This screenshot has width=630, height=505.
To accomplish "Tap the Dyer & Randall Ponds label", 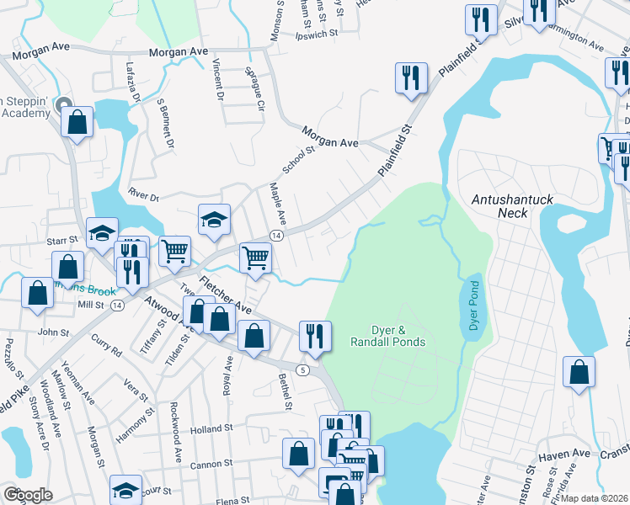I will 387,336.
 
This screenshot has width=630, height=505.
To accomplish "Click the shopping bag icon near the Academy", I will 77,123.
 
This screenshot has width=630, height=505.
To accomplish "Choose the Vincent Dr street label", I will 218,75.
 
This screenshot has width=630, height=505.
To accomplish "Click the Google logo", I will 29,494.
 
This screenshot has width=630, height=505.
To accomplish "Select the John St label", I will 54,332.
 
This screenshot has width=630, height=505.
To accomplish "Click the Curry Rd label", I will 106,345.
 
